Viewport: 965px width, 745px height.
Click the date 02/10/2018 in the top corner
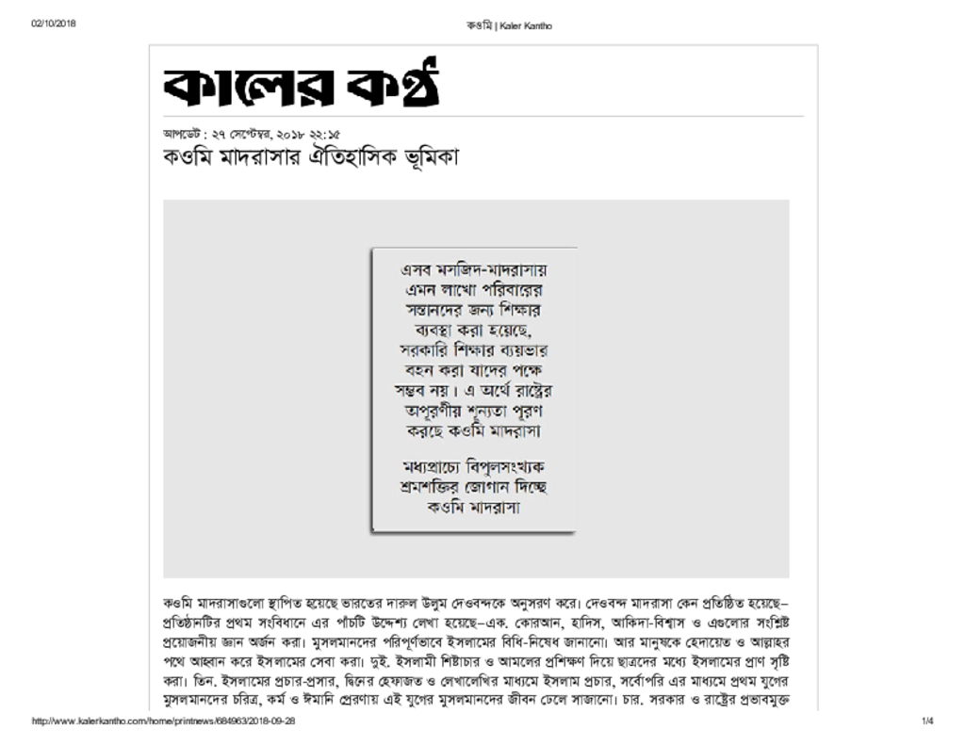[54, 24]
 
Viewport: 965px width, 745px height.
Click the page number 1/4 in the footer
[927, 721]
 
